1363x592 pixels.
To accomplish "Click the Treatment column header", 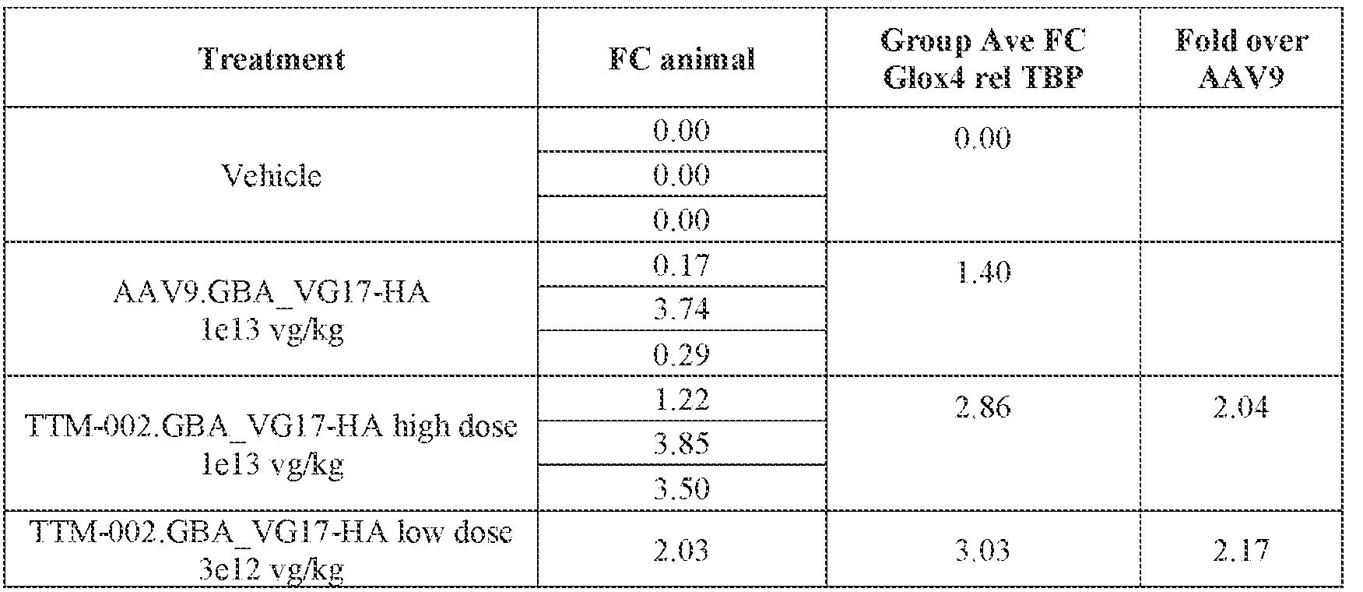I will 272,59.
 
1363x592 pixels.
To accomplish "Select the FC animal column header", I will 681,59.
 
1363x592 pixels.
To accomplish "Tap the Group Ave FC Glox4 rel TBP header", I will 983,59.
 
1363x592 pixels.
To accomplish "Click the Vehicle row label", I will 272,175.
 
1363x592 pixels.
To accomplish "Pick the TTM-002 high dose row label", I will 272,445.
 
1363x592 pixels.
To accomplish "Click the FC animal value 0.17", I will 681,266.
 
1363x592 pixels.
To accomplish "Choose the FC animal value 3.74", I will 681,310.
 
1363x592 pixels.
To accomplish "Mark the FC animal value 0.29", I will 681,354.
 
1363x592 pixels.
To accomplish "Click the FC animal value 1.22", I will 681,400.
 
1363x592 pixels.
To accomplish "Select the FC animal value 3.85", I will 681,444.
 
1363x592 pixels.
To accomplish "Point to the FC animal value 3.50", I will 681,488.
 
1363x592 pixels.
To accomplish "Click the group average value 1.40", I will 982,273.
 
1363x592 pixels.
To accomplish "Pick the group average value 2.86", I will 982,407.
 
